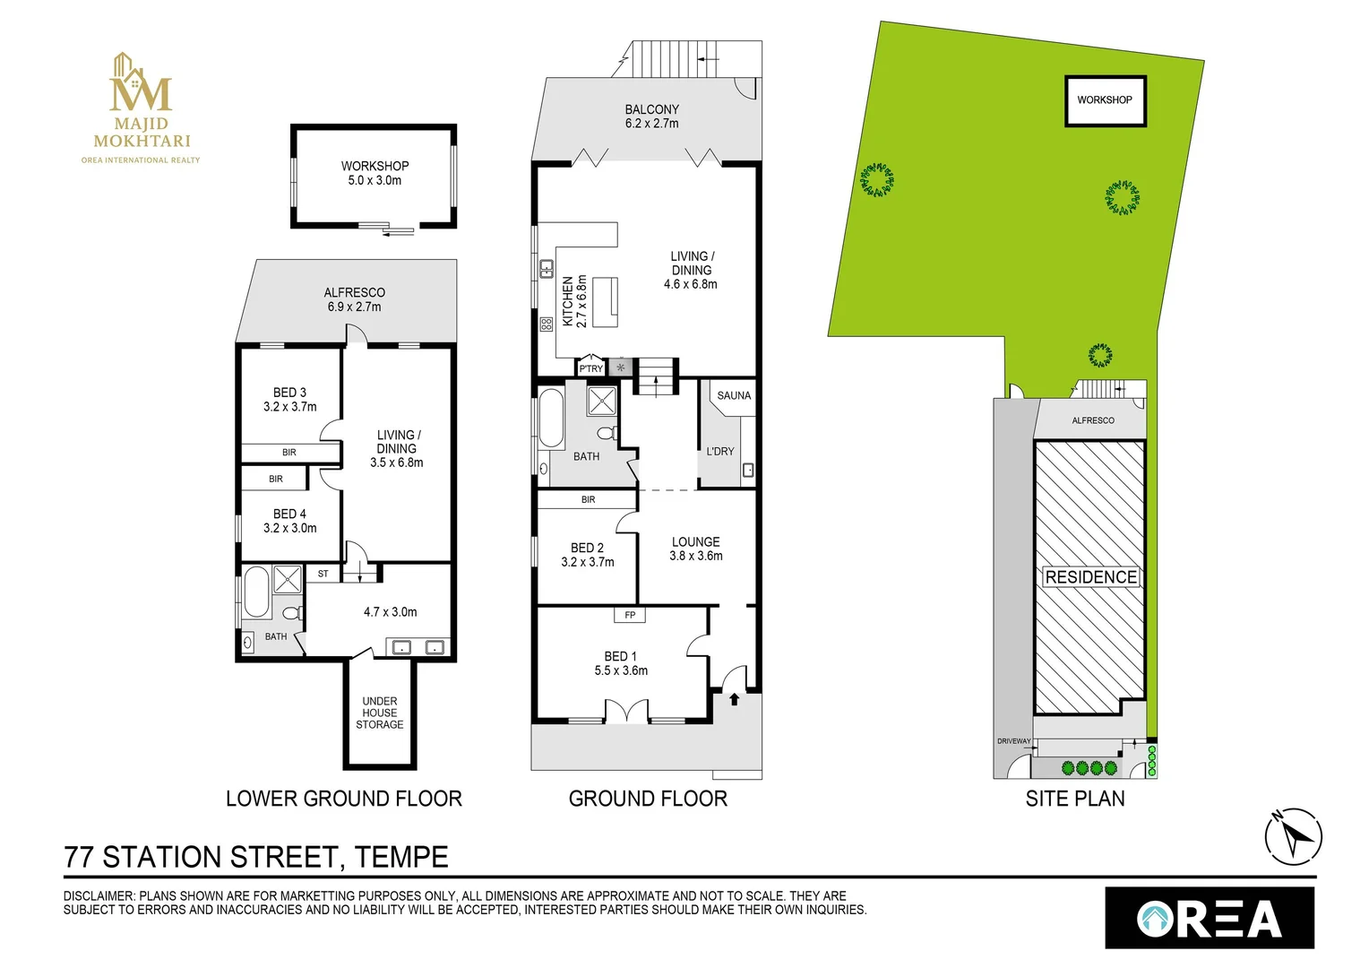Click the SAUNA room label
[734, 395]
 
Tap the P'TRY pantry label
[590, 368]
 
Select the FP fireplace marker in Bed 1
[630, 615]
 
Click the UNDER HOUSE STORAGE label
[380, 713]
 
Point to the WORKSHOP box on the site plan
[1105, 100]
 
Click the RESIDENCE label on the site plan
[1090, 577]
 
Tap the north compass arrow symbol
[1293, 837]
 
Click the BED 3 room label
[289, 400]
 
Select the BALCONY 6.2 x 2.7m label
[651, 117]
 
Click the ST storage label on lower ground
[323, 574]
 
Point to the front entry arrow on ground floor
[734, 699]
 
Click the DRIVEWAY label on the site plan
[1013, 741]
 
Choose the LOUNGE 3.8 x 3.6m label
[695, 549]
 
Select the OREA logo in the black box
[1209, 919]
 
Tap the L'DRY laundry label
[719, 452]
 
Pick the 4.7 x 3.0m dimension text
[390, 612]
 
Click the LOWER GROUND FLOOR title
[343, 799]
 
